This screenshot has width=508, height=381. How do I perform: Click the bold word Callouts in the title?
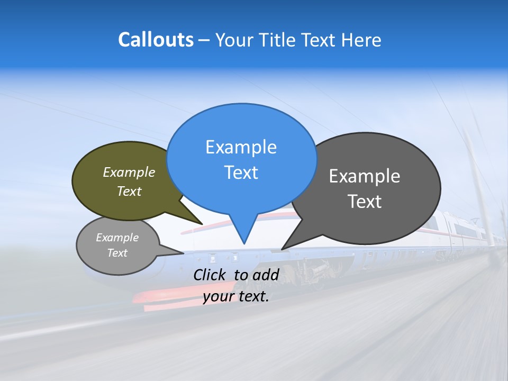(x=156, y=40)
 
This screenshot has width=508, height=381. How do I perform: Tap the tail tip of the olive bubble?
(x=201, y=224)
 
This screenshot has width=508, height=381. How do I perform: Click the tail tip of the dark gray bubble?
(x=283, y=248)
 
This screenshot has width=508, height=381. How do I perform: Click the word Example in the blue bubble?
(x=241, y=147)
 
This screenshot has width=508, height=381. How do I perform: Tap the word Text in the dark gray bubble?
(x=365, y=202)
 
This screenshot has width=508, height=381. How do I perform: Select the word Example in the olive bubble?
(x=129, y=173)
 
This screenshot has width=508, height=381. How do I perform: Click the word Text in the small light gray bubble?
(x=117, y=253)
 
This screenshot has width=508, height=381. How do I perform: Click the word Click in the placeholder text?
(x=211, y=275)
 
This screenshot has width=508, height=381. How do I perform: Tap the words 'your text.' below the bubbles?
(x=236, y=296)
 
